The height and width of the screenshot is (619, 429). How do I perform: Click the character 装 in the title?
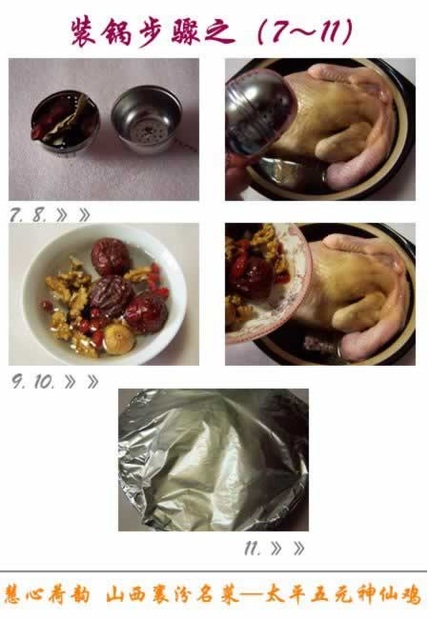(84, 30)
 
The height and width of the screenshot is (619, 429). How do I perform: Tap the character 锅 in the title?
(117, 31)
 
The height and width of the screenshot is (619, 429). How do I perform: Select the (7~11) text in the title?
(305, 30)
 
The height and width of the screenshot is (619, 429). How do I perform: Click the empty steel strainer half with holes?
(147, 118)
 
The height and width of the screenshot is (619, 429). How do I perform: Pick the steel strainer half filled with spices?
(65, 121)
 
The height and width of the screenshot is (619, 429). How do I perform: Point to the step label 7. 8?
(28, 215)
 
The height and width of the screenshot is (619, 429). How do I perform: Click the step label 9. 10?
(32, 382)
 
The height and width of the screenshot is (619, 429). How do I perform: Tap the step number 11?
(252, 549)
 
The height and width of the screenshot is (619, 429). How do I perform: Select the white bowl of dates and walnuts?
(105, 294)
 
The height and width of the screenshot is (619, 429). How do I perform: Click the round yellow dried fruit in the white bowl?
(118, 339)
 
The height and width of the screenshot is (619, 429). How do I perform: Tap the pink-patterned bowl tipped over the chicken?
(268, 283)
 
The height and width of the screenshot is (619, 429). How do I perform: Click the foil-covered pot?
(214, 460)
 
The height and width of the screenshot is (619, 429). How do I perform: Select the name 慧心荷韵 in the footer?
(47, 595)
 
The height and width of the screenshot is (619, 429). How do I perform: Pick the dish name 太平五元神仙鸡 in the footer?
(342, 595)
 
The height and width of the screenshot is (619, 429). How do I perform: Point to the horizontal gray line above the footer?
(214, 571)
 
